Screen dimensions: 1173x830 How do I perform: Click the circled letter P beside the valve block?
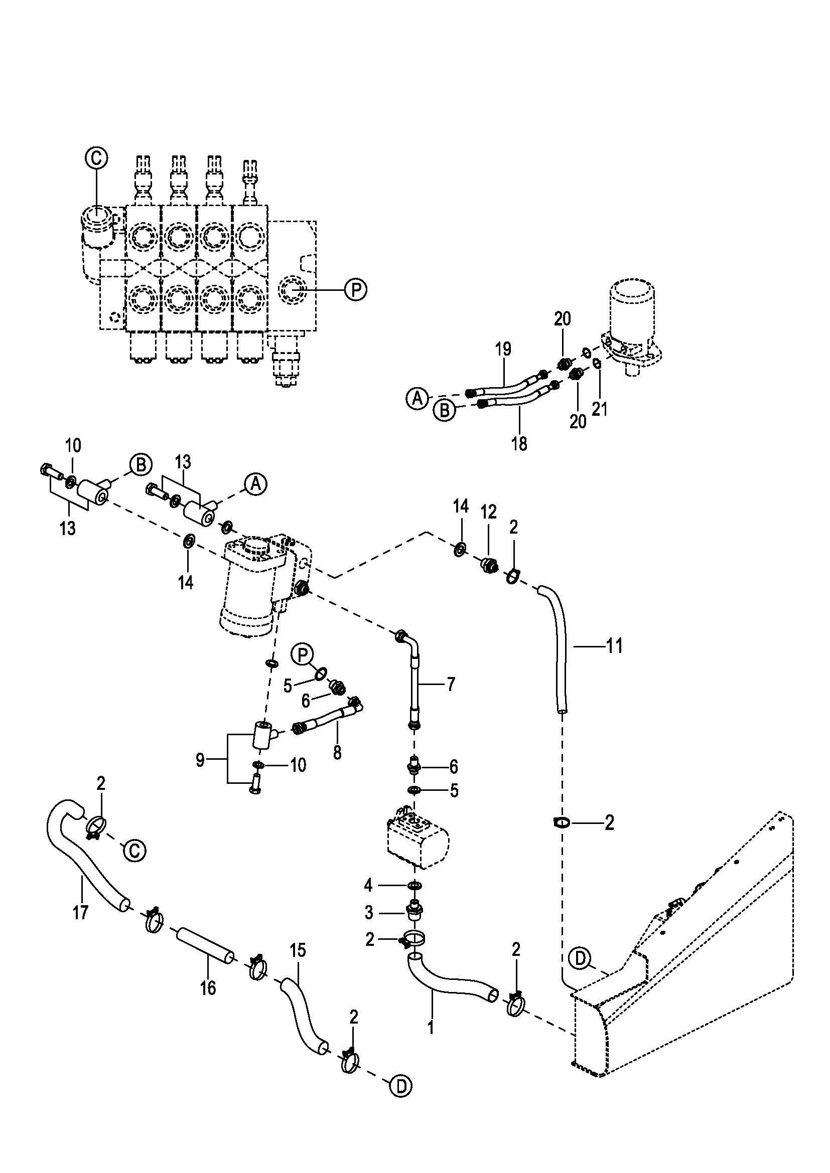[x=356, y=290]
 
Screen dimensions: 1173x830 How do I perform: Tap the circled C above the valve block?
[x=96, y=157]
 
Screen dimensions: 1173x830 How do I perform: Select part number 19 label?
[x=503, y=350]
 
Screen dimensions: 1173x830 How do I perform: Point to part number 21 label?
[x=600, y=409]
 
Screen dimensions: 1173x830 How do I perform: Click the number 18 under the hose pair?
[x=519, y=443]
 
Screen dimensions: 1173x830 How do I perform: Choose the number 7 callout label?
[x=451, y=684]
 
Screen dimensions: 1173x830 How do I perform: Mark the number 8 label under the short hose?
[x=337, y=753]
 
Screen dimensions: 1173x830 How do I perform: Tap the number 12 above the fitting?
[x=489, y=512]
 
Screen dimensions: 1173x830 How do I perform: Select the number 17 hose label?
[x=80, y=912]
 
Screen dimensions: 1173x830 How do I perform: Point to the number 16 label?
[x=208, y=988]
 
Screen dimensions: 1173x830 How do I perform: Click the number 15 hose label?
[x=298, y=950]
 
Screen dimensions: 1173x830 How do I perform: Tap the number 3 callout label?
[x=369, y=912]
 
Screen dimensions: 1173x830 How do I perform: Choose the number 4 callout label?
[x=369, y=885]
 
